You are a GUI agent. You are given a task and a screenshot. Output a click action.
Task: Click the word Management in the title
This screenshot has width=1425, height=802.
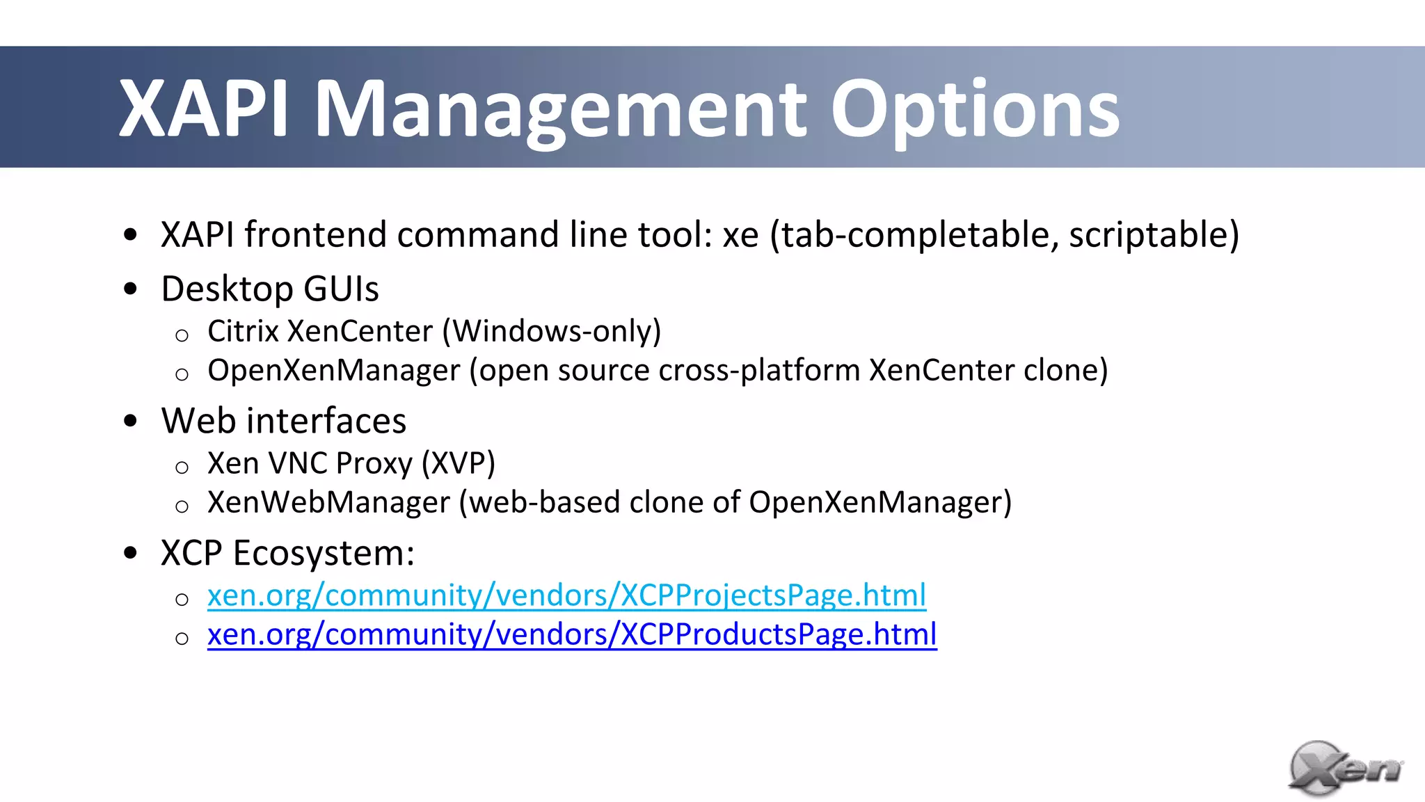pos(561,110)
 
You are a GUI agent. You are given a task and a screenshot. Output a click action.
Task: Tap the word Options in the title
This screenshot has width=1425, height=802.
pos(975,110)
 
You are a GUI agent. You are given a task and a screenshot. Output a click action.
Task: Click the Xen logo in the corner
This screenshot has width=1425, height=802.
pos(1344,769)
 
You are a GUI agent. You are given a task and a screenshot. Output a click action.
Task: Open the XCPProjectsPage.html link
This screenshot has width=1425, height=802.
pos(566,595)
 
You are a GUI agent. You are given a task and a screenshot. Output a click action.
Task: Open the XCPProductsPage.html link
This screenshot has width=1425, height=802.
pos(572,634)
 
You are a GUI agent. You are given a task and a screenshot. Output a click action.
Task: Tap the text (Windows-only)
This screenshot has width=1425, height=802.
pos(552,331)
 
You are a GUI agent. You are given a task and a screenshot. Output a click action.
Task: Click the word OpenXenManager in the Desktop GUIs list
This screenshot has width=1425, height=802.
pos(334,370)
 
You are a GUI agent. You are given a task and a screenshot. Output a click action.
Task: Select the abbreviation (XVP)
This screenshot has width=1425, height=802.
pos(459,463)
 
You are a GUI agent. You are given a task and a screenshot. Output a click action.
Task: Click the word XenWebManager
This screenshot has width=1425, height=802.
pos(329,502)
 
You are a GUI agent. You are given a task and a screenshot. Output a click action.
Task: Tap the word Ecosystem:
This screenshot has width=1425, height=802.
pos(323,554)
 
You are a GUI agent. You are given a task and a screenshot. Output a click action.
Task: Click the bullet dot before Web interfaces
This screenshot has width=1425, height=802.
pos(130,421)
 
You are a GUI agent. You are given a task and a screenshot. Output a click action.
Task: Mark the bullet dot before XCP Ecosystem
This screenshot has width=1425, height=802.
pos(130,553)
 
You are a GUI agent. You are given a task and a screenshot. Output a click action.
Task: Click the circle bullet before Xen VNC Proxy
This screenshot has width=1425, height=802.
pos(182,467)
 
